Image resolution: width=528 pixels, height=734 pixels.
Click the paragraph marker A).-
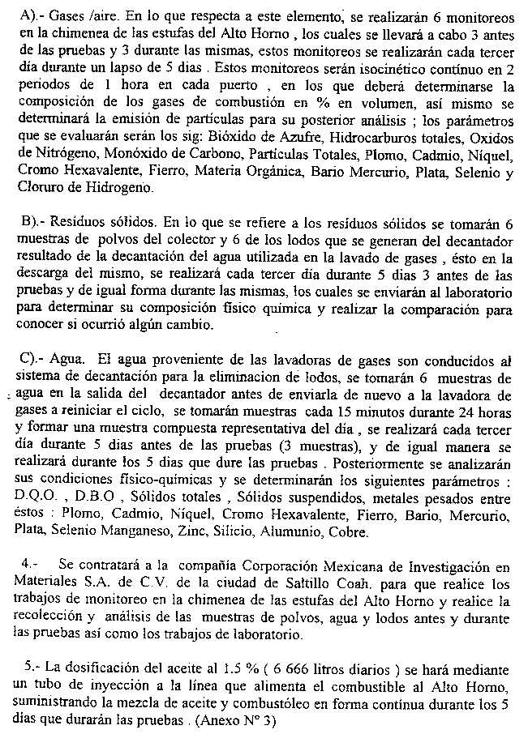click(33, 15)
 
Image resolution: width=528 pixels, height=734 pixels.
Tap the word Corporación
click(301, 565)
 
